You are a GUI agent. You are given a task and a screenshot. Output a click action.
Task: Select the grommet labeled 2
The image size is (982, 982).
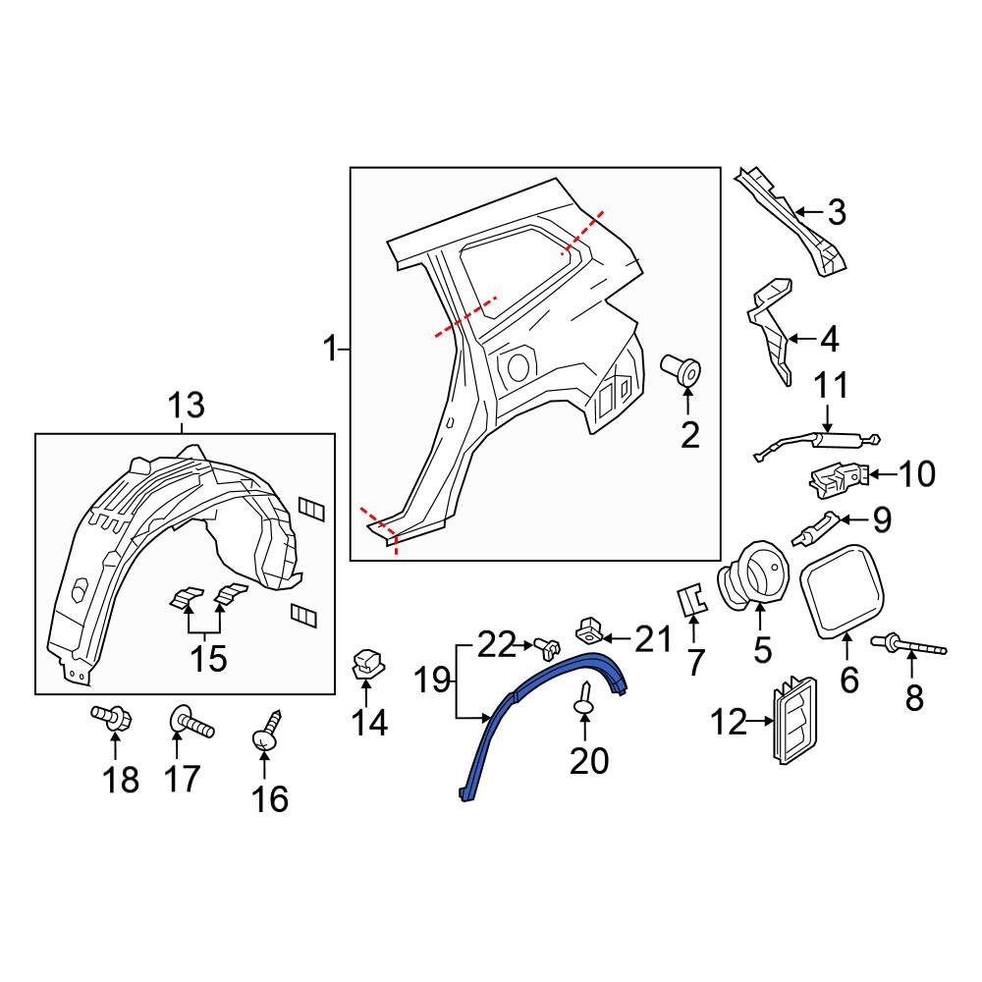683,372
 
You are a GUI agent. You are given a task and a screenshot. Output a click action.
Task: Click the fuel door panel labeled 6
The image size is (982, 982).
846,589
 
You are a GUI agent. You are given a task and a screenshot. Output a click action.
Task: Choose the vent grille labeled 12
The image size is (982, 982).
793,722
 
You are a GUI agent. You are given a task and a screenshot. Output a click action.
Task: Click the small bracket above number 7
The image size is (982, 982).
692,598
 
